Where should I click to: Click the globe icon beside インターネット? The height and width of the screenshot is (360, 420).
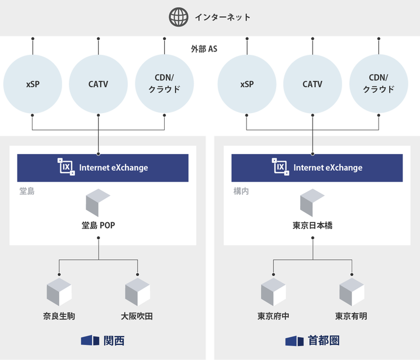pyautogui.click(x=179, y=17)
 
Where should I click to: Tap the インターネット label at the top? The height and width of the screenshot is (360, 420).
pyautogui.click(x=222, y=17)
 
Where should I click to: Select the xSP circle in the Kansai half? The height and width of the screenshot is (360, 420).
pyautogui.click(x=32, y=85)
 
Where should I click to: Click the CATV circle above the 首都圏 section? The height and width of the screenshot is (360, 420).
pyautogui.click(x=312, y=85)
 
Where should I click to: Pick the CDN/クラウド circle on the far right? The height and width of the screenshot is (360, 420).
pyautogui.click(x=379, y=85)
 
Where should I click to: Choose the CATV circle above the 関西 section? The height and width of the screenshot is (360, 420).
pyautogui.click(x=98, y=85)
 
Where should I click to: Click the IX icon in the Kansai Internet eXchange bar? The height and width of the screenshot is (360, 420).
pyautogui.click(x=67, y=167)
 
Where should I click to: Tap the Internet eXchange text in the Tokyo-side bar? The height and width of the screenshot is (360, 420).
pyautogui.click(x=328, y=167)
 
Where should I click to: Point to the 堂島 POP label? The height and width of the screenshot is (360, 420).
pyautogui.click(x=98, y=226)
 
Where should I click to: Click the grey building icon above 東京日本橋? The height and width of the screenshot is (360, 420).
pyautogui.click(x=312, y=203)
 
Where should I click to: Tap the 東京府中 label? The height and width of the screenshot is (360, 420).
pyautogui.click(x=273, y=316)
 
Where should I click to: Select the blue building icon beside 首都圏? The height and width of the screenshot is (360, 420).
pyautogui.click(x=295, y=340)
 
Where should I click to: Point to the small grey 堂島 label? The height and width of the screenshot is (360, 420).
pyautogui.click(x=27, y=191)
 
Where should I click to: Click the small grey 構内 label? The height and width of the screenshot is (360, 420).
pyautogui.click(x=241, y=191)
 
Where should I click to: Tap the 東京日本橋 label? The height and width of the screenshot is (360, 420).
pyautogui.click(x=312, y=226)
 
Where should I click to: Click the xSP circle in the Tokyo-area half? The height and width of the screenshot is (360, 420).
pyautogui.click(x=247, y=85)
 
